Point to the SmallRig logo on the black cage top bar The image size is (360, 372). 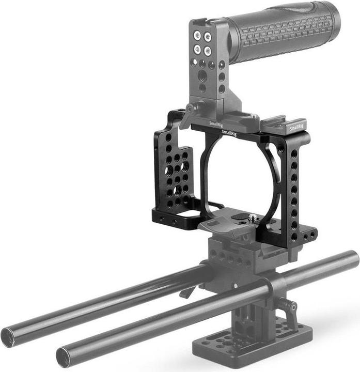tap(229, 133)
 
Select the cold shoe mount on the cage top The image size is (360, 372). tap(283, 123)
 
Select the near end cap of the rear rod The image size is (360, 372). tap(8, 337)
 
